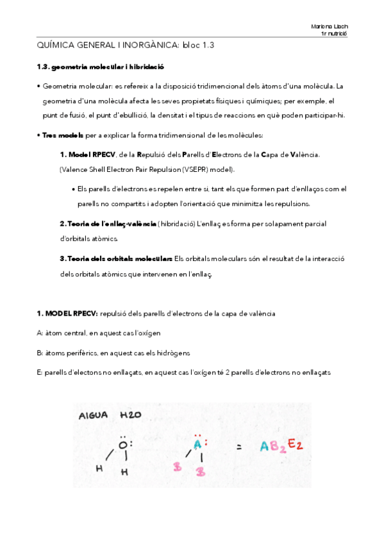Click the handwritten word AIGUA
tap(92, 415)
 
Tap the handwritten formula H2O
tap(131, 415)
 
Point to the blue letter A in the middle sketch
tap(198, 443)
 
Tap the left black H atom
tap(99, 468)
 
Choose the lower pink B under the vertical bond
tap(201, 472)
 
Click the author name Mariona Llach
tap(329, 26)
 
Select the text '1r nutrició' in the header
tap(333, 33)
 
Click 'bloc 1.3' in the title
tap(198, 46)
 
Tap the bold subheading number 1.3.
tap(42, 66)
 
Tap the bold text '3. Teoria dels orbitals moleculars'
tap(115, 259)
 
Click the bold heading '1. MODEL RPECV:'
tap(67, 313)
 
